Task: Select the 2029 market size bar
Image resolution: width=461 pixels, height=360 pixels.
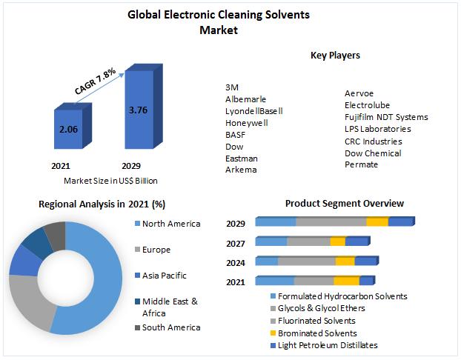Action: tap(137, 111)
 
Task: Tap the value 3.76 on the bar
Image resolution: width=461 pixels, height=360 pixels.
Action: tap(138, 110)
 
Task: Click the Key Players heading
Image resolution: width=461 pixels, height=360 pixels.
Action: tap(335, 56)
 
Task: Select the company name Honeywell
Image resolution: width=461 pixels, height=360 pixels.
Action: tap(247, 123)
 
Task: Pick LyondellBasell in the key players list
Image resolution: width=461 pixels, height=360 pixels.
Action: tap(254, 111)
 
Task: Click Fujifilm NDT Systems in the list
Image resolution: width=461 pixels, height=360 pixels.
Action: tap(386, 117)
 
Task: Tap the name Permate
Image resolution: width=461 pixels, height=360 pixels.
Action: tap(361, 164)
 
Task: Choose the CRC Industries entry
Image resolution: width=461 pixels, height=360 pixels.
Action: tap(373, 141)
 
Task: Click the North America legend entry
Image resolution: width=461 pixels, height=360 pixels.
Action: tap(170, 224)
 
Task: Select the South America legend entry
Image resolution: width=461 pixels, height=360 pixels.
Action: tap(170, 327)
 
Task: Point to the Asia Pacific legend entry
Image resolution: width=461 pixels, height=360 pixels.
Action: tap(164, 276)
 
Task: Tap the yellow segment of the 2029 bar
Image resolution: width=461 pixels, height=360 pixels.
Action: tap(377, 222)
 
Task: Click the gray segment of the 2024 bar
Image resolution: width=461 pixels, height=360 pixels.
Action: tap(306, 261)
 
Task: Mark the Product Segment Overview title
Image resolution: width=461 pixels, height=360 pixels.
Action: tap(345, 204)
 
